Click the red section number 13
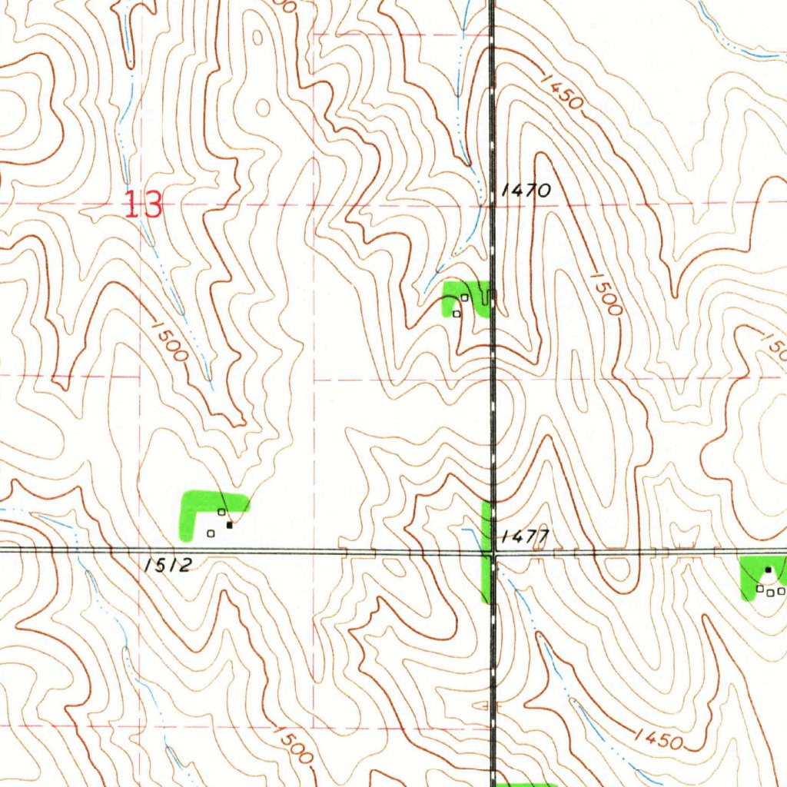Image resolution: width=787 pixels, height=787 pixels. tap(144, 205)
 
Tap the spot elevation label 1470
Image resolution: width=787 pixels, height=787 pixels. tap(525, 191)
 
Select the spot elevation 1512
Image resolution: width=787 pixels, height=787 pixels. tap(167, 566)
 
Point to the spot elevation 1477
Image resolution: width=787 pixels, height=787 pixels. tap(523, 536)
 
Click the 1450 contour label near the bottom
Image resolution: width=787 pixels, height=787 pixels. tap(659, 739)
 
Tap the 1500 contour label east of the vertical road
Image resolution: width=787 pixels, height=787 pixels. tap(605, 293)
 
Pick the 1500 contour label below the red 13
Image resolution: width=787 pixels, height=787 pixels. tap(169, 341)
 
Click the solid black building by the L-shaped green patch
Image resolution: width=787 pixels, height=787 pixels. tap(229, 526)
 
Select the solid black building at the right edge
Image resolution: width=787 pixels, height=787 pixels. tap(768, 569)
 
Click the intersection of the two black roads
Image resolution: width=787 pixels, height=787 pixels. tap(492, 551)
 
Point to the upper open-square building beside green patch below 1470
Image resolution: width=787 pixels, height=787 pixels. tap(465, 297)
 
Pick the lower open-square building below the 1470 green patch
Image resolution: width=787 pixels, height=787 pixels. tap(457, 313)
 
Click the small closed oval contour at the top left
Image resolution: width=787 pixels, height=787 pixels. tap(263, 107)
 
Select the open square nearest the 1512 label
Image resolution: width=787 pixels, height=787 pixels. tap(210, 533)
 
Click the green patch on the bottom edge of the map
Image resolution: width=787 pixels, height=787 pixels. tap(526, 784)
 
